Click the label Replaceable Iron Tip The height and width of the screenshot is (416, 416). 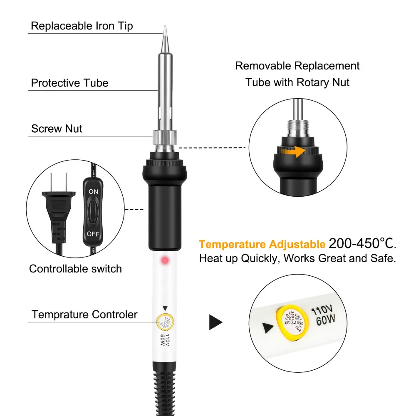pyautogui.click(x=82, y=26)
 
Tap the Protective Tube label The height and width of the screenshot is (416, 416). pyautogui.click(x=69, y=83)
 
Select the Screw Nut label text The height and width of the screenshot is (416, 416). pyautogui.click(x=57, y=129)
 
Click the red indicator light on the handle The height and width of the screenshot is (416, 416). pyautogui.click(x=164, y=261)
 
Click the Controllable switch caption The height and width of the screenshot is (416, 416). pyautogui.click(x=75, y=269)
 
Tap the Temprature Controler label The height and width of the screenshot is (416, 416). pyautogui.click(x=84, y=314)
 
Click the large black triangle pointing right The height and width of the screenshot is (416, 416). pyautogui.click(x=215, y=322)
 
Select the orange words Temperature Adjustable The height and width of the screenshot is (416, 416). pyautogui.click(x=262, y=244)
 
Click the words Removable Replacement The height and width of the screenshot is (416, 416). pyautogui.click(x=297, y=66)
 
